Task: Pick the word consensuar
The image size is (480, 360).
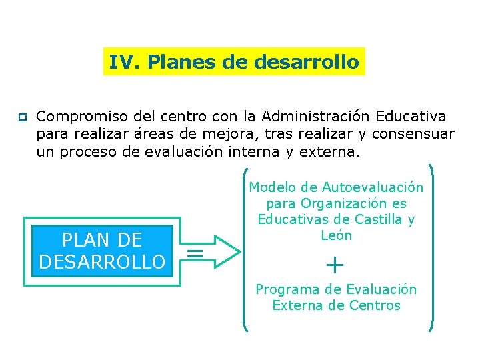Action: click(413, 134)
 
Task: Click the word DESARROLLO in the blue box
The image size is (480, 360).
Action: click(102, 261)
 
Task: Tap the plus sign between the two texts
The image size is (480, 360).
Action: click(335, 266)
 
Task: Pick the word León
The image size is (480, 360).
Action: click(336, 235)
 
